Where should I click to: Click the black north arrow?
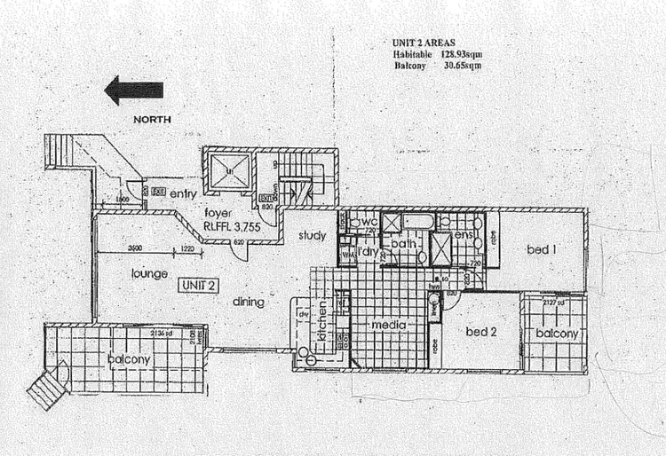133,90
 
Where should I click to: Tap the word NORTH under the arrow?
152,118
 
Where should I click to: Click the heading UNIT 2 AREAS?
425,43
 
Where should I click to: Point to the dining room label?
249,302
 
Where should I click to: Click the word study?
312,236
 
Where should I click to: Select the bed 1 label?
542,249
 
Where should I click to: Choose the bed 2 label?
480,332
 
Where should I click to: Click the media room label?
389,326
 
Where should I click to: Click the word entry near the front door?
182,193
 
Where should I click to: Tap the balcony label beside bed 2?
557,334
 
